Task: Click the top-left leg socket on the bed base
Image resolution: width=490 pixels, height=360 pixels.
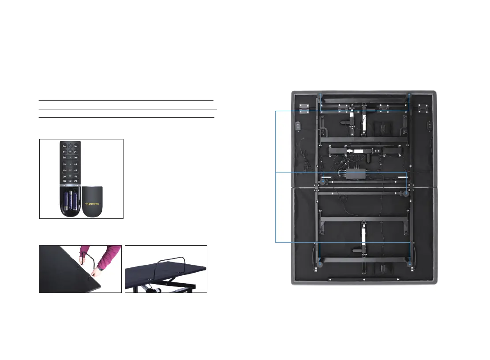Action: click(x=321, y=96)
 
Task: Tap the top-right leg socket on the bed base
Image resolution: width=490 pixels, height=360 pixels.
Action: click(x=409, y=96)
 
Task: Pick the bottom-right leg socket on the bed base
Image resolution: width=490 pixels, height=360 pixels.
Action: click(x=410, y=264)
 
